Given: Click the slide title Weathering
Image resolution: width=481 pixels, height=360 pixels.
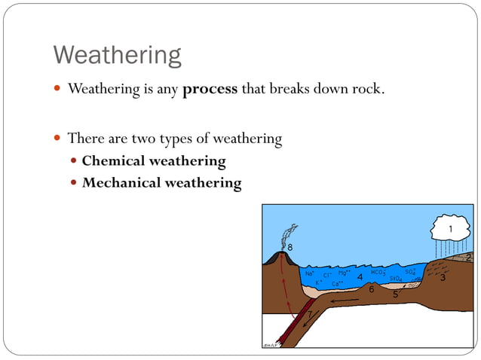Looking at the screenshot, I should (x=117, y=55).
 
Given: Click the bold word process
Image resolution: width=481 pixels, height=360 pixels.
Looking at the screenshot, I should (x=210, y=90).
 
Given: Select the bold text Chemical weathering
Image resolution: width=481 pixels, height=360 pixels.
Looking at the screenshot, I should (x=153, y=160).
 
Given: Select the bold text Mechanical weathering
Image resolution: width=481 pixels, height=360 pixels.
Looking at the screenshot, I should (x=161, y=182).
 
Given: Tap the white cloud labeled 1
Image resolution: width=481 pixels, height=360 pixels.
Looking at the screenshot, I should (x=450, y=227).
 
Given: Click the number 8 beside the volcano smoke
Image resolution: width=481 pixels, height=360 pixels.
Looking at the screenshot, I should (x=290, y=248).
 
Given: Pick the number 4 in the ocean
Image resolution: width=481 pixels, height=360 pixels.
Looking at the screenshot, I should (x=360, y=277).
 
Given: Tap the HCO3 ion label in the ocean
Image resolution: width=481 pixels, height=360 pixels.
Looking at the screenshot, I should (x=378, y=272).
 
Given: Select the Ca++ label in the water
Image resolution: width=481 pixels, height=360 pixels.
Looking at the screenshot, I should (x=336, y=283).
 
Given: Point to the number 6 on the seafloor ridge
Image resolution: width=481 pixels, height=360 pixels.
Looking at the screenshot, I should (x=371, y=289).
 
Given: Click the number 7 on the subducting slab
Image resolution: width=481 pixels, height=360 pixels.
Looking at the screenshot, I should (x=308, y=314).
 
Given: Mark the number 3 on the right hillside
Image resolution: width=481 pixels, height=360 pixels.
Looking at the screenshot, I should (x=443, y=278).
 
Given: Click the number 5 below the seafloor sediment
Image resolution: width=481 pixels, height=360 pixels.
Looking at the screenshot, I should (x=395, y=294).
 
